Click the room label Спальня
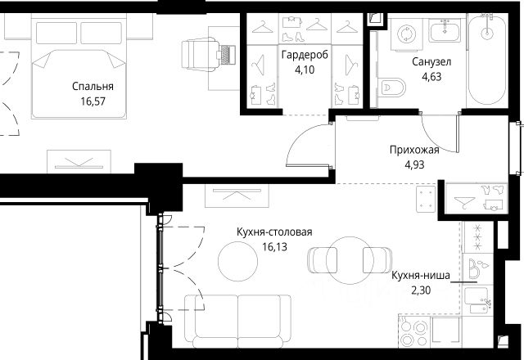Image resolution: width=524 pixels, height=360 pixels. [93, 87]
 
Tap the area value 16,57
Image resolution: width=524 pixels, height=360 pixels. [93, 101]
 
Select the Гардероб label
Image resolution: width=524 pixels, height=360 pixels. [305, 55]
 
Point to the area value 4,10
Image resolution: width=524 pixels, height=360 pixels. [305, 70]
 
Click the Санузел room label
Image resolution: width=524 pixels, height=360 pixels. [431, 62]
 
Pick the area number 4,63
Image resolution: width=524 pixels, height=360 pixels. [431, 77]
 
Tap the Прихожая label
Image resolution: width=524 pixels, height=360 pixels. [414, 151]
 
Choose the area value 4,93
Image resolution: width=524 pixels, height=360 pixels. [414, 165]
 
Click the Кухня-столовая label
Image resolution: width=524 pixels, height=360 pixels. [274, 232]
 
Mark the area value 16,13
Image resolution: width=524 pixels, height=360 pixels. [274, 247]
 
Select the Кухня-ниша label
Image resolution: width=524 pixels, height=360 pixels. [420, 276]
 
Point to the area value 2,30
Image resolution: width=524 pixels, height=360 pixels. [420, 290]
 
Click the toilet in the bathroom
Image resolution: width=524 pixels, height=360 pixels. [391, 88]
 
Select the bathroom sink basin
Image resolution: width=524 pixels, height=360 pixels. [445, 30]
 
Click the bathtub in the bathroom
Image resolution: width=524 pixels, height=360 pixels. [487, 60]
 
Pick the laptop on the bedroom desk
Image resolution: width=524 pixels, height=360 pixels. [226, 55]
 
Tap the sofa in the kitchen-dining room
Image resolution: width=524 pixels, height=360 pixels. [238, 322]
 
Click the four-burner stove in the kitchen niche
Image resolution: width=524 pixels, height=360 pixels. [413, 332]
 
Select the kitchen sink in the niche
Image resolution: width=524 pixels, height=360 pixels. [477, 300]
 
